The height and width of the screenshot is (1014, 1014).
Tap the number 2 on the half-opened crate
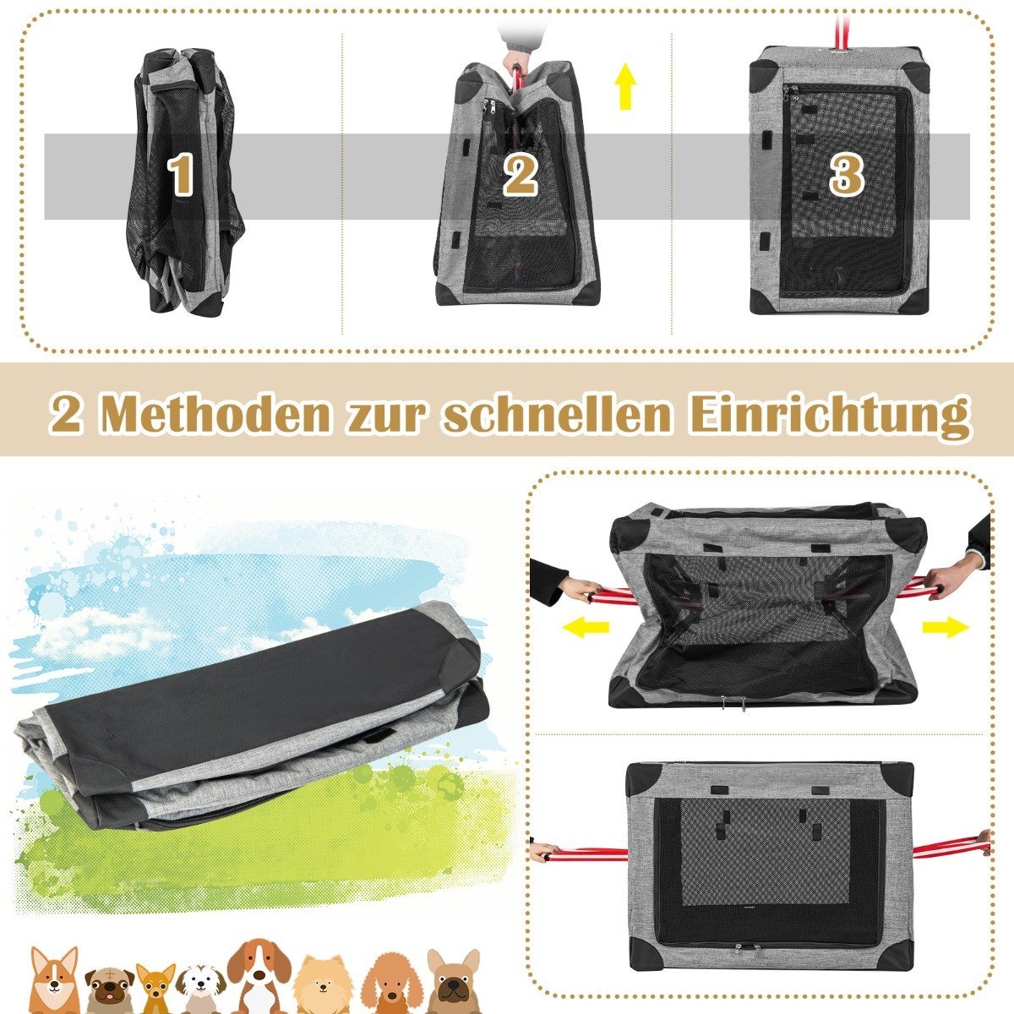[x=520, y=176]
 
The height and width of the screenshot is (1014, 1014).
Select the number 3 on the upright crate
[x=847, y=174]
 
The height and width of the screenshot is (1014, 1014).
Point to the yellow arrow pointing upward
[x=625, y=86]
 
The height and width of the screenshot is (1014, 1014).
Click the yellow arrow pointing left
[x=585, y=627]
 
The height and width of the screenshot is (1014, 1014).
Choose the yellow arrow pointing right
[x=945, y=627]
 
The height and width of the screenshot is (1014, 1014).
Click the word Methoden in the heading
[x=215, y=415]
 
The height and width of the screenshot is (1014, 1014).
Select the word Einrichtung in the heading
[x=831, y=416]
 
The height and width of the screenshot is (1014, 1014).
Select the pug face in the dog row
[x=109, y=984]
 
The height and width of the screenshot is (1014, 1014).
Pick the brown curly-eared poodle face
[x=393, y=980]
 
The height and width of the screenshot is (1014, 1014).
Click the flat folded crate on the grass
[x=248, y=719]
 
